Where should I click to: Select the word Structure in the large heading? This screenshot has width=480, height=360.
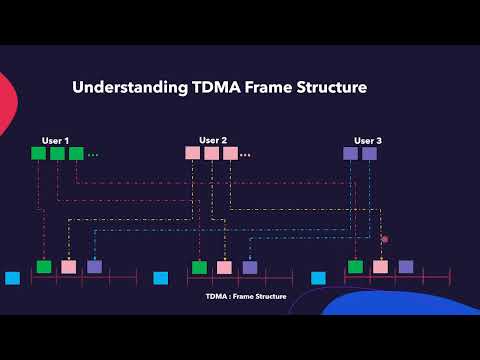pyautogui.click(x=331, y=88)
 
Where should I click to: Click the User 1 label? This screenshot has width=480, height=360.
pyautogui.click(x=55, y=140)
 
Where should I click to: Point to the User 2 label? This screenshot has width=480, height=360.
pyautogui.click(x=213, y=140)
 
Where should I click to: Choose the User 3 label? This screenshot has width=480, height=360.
pyautogui.click(x=368, y=140)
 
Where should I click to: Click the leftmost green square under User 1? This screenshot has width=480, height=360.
pyautogui.click(x=38, y=153)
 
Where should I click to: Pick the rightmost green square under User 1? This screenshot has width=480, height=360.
pyautogui.click(x=76, y=153)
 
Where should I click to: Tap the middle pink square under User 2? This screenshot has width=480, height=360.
pyautogui.click(x=211, y=153)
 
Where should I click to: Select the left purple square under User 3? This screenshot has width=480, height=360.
pyautogui.click(x=350, y=153)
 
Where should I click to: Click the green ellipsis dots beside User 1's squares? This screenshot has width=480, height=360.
pyautogui.click(x=93, y=155)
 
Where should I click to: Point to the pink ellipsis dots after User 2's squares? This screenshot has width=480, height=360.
pyautogui.click(x=245, y=155)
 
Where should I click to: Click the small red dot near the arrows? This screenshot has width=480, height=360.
pyautogui.click(x=384, y=239)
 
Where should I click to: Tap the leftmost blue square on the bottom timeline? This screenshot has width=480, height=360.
pyautogui.click(x=12, y=278)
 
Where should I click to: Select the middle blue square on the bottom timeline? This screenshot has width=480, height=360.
pyautogui.click(x=160, y=278)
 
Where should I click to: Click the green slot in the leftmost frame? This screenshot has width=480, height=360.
pyautogui.click(x=43, y=267)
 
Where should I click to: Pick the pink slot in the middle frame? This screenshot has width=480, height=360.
pyautogui.click(x=224, y=267)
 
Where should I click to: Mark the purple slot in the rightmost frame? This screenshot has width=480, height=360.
pyautogui.click(x=405, y=267)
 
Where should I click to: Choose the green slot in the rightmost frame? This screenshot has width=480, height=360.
pyautogui.click(x=355, y=267)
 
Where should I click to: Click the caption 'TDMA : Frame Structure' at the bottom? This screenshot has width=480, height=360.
pyautogui.click(x=246, y=297)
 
